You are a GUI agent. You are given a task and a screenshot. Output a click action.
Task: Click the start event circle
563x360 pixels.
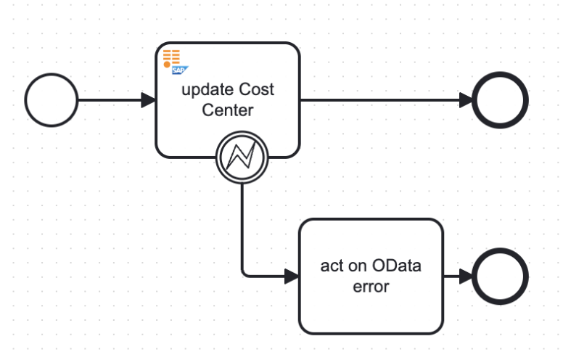click(x=51, y=100)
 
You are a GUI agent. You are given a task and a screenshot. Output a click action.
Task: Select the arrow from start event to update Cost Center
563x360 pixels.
click(x=109, y=100)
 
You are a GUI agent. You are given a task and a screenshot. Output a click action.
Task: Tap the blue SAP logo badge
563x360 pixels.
click(x=180, y=70)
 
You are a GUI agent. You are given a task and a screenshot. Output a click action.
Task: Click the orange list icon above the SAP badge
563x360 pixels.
click(x=171, y=57)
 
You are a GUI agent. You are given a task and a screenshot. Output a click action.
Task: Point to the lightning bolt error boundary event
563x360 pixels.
click(x=242, y=157)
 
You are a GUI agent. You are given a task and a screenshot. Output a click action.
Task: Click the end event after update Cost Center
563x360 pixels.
click(x=501, y=100)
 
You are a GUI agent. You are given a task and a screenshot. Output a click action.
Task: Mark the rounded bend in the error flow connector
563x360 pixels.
click(x=244, y=274)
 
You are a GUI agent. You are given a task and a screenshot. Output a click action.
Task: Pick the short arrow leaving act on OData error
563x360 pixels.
click(x=456, y=277)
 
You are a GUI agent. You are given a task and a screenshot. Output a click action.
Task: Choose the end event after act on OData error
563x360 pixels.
click(x=501, y=277)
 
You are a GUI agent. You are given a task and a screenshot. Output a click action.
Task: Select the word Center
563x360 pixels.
click(x=227, y=111)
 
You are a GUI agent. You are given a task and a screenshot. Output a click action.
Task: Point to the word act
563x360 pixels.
click(x=332, y=266)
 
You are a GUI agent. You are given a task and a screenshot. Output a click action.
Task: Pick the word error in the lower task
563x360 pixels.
click(x=371, y=287)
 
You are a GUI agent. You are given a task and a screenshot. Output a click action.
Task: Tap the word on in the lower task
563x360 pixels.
click(x=357, y=266)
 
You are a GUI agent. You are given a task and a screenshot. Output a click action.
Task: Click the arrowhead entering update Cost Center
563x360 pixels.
click(x=149, y=100)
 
